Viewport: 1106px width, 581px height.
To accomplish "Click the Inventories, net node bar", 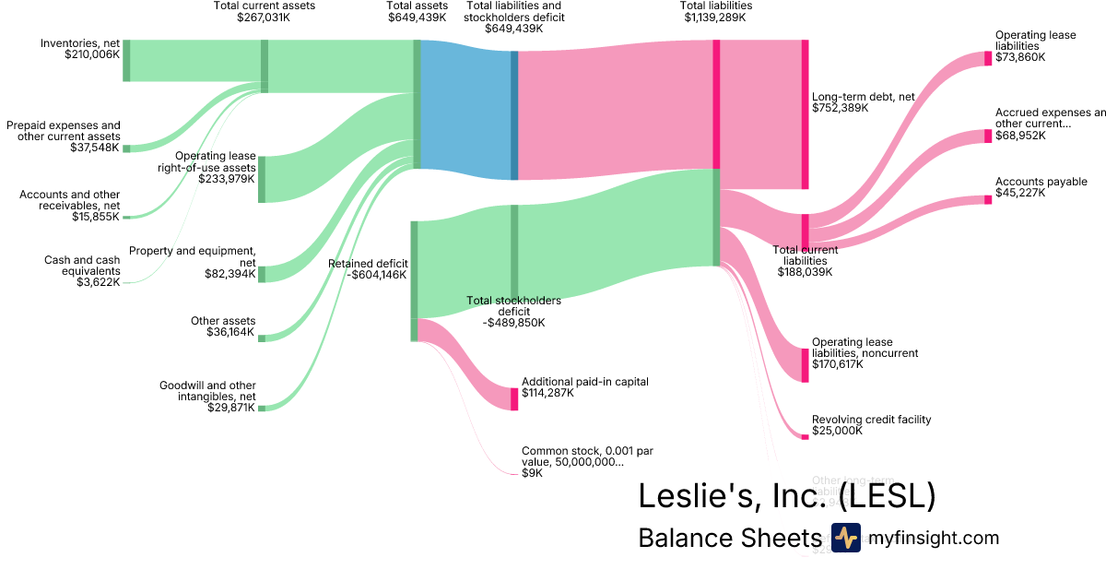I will coord(126,61).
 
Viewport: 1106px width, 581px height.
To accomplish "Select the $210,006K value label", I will coord(92,54).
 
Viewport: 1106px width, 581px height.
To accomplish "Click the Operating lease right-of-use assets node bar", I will coord(262,179).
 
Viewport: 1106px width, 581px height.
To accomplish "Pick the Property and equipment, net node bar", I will coord(262,274).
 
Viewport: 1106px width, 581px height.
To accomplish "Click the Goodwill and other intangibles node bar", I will coord(262,408).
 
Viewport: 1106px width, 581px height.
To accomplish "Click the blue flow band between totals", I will coord(465,111).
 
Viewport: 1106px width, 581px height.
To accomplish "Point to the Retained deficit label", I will coord(368,268).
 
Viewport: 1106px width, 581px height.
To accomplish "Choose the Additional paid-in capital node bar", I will coord(514,399).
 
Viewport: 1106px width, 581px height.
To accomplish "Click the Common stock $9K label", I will coord(580,462).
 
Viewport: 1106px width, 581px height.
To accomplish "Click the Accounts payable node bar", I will coord(988,199).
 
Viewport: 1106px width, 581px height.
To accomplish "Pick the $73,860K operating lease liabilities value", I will coord(1020,57).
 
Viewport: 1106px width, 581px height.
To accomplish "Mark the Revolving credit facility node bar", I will coord(805,436).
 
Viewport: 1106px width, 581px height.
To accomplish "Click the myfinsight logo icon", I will coord(845,538).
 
